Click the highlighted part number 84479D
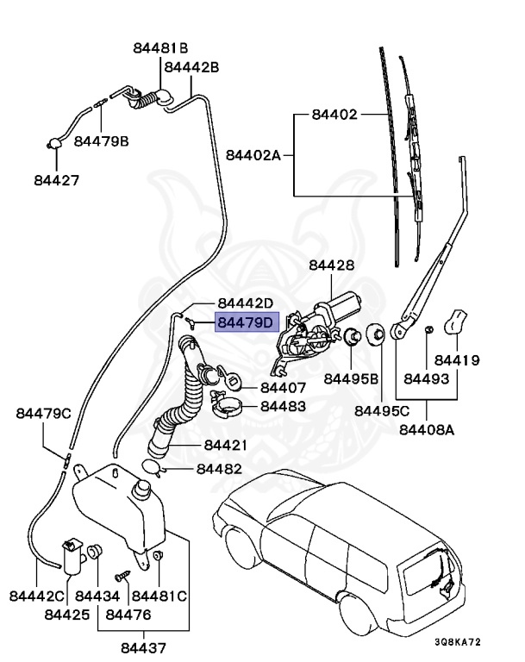click(x=245, y=322)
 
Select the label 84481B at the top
click(x=160, y=48)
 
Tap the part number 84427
click(x=57, y=180)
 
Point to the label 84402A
click(x=253, y=155)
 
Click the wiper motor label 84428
click(x=332, y=265)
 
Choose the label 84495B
click(x=351, y=378)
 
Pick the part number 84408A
click(x=427, y=430)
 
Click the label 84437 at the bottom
click(x=144, y=647)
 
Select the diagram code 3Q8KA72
click(x=458, y=642)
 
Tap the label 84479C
click(x=43, y=414)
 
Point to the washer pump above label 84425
click(x=73, y=557)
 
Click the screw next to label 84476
click(x=123, y=576)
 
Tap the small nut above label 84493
click(x=428, y=329)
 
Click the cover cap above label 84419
click(x=455, y=322)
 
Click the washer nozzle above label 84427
click(x=53, y=144)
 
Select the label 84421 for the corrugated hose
click(x=226, y=445)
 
